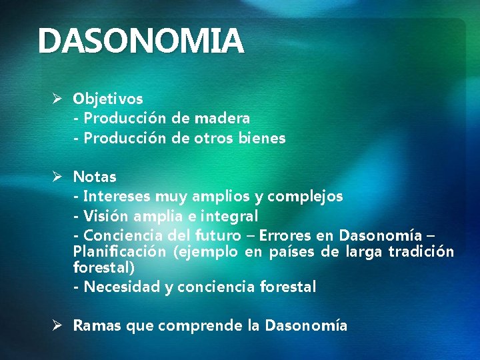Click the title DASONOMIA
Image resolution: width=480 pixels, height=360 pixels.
click(x=141, y=41)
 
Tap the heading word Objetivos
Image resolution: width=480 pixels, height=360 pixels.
click(x=108, y=99)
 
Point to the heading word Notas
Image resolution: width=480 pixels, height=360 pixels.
click(x=95, y=177)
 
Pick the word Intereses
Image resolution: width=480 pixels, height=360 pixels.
click(x=117, y=197)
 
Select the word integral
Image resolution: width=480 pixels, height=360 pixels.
click(x=229, y=216)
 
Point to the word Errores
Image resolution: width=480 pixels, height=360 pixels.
click(x=283, y=235)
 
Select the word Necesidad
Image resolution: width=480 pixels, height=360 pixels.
click(x=118, y=287)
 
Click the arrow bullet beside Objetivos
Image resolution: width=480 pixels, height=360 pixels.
click(x=58, y=99)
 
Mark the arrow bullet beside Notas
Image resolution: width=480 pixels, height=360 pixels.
click(x=58, y=177)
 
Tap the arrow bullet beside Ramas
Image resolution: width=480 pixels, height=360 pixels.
click(x=58, y=326)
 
